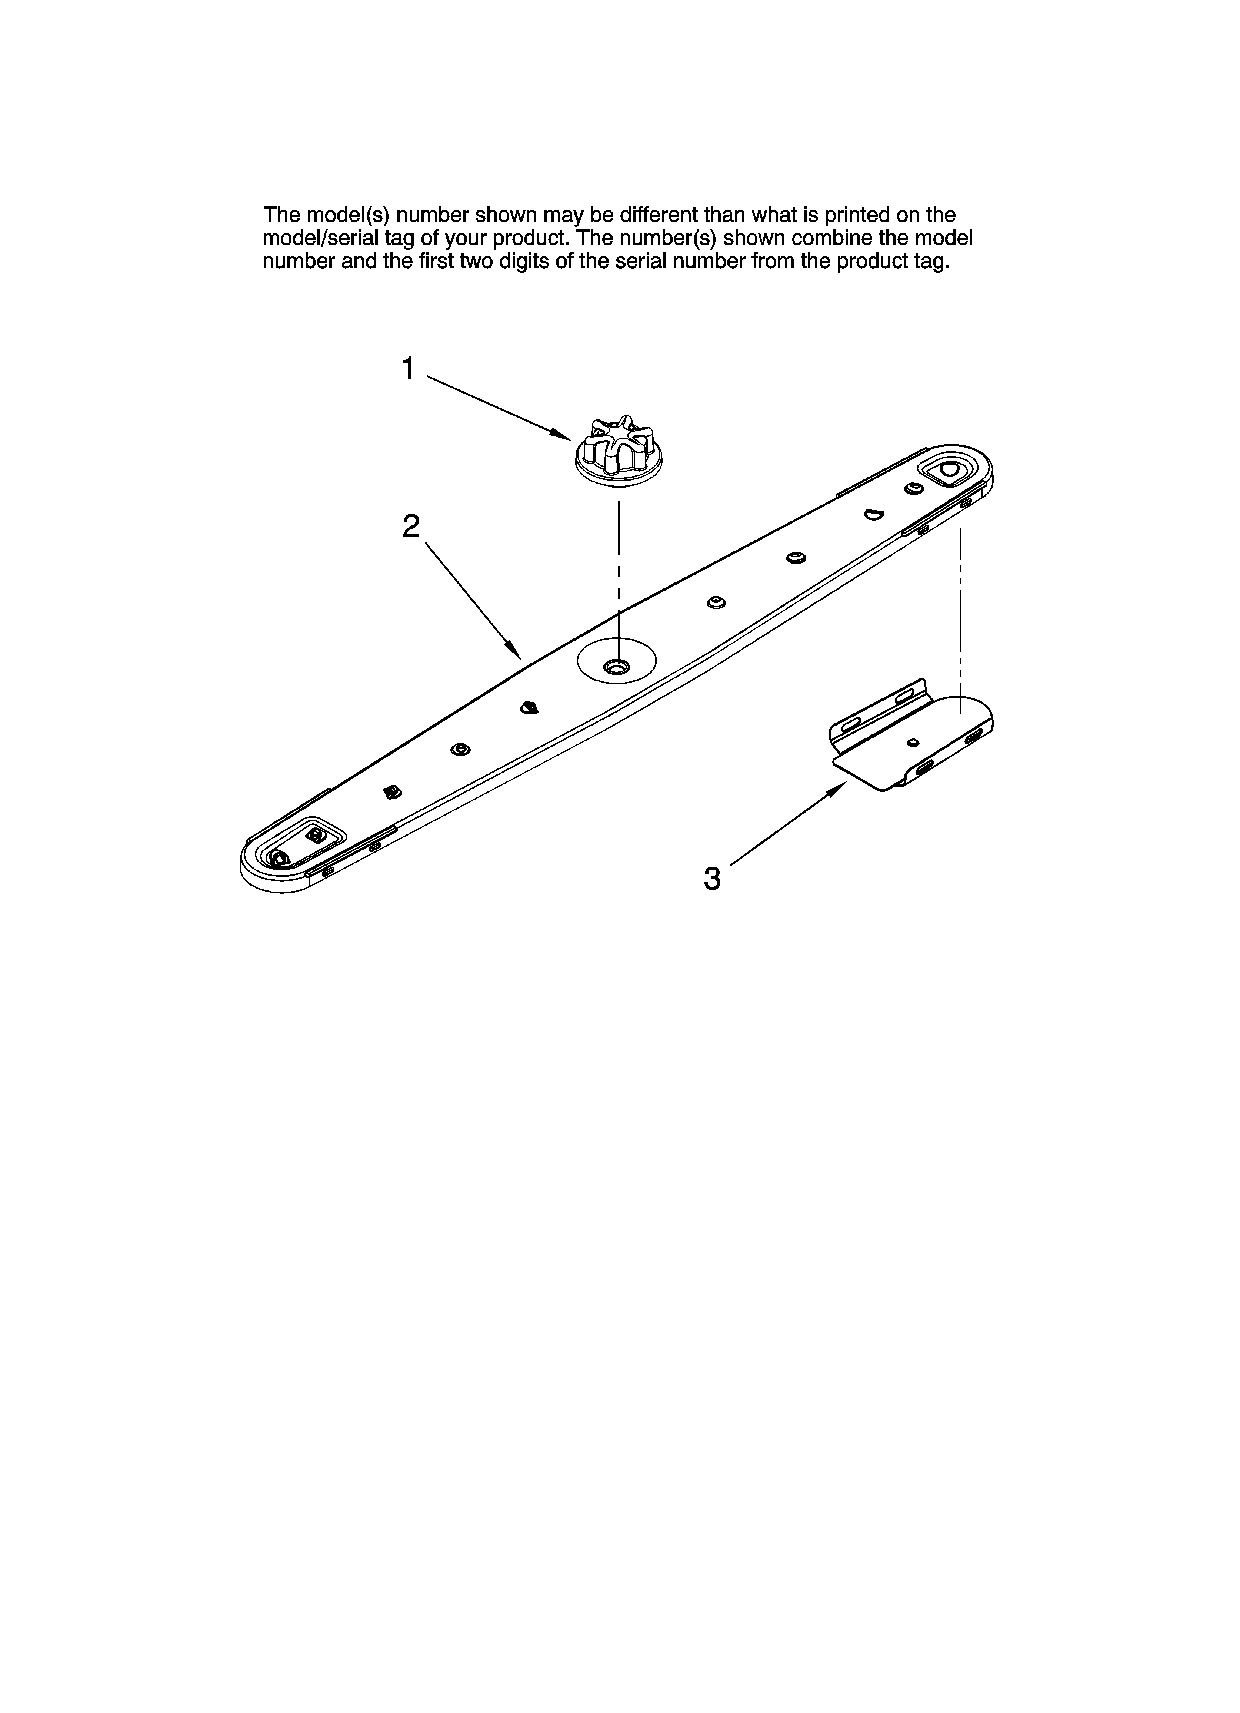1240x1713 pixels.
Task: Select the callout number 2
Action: click(411, 527)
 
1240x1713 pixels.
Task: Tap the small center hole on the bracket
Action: click(913, 743)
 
